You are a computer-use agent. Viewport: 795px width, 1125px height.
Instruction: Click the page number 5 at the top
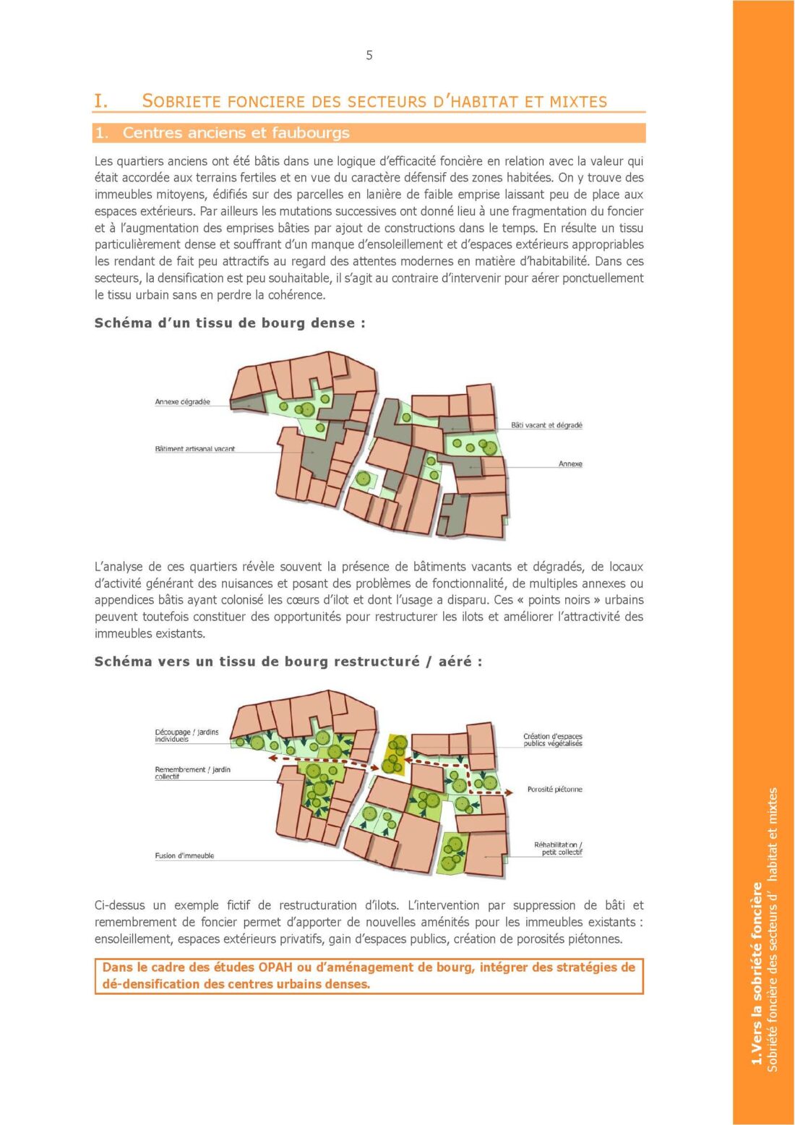click(x=369, y=56)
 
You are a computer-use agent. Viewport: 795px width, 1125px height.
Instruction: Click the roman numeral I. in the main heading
click(x=100, y=101)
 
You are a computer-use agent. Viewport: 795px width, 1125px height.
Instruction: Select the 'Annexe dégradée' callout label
click(x=182, y=402)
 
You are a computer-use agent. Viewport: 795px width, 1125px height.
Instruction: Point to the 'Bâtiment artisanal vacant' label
click(x=194, y=449)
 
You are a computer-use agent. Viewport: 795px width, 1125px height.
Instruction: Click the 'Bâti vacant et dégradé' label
click(x=546, y=425)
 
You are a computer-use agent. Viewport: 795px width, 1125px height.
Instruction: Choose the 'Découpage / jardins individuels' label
click(x=186, y=735)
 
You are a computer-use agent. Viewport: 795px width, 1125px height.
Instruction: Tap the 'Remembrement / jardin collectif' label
click(x=192, y=773)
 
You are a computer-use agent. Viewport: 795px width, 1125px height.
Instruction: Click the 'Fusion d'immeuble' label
click(x=184, y=856)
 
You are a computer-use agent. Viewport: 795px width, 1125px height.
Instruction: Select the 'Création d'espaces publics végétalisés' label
click(x=553, y=740)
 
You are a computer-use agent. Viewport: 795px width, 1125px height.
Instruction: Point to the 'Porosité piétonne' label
click(x=554, y=790)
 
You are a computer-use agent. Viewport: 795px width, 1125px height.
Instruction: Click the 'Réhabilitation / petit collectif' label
click(x=558, y=848)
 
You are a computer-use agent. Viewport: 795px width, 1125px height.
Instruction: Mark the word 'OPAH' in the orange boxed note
click(x=275, y=967)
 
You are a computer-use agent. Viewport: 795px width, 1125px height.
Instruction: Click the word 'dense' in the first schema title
click(x=332, y=323)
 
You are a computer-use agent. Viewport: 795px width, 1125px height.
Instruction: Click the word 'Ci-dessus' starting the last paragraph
click(x=119, y=905)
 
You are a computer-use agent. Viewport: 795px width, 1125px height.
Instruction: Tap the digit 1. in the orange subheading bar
click(x=102, y=133)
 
